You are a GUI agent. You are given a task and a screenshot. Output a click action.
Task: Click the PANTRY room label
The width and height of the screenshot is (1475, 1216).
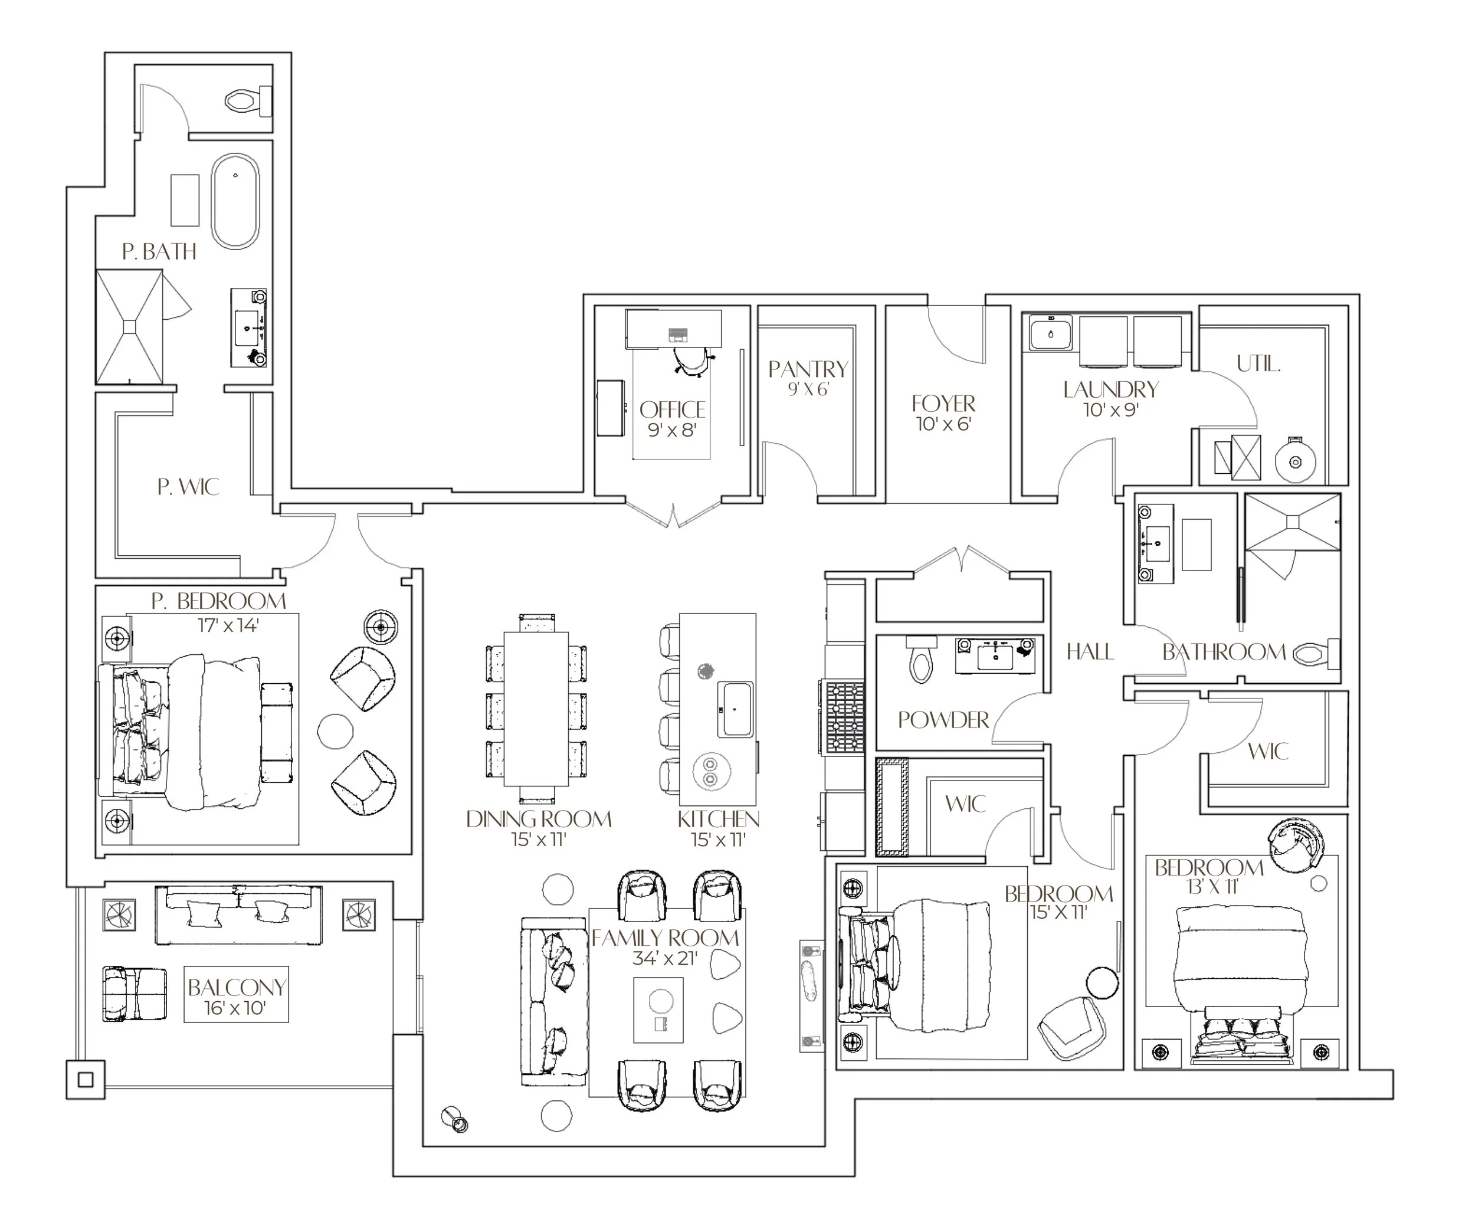[x=808, y=369]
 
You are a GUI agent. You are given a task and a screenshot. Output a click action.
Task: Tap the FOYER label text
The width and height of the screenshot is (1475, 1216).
[x=943, y=404]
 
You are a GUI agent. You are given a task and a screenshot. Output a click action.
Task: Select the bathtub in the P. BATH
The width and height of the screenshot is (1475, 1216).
[x=235, y=201]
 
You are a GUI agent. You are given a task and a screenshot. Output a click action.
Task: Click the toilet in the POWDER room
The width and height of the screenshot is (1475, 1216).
[x=921, y=658]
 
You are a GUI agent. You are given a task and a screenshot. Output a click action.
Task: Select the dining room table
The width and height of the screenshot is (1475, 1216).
[x=536, y=708]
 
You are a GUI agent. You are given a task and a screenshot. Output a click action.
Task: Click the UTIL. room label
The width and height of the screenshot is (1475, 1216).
[x=1258, y=363]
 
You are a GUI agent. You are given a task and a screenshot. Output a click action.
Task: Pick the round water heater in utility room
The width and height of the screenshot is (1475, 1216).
[x=1295, y=461]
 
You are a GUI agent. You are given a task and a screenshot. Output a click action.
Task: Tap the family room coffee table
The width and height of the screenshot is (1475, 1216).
[x=658, y=1010]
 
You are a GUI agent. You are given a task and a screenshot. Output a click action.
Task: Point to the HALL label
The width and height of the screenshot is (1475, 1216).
[x=1090, y=652]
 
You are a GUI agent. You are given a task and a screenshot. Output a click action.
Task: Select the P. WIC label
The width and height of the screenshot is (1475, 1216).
[x=188, y=487]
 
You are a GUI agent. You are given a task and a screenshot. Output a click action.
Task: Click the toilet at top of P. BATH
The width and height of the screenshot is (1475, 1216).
[x=248, y=102]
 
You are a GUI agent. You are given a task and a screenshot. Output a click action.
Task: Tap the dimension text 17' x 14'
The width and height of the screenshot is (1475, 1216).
[x=228, y=625]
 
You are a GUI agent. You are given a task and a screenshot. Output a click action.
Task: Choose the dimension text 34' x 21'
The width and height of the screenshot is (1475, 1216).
[x=666, y=958]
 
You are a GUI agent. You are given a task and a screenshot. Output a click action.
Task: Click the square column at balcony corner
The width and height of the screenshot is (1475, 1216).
[x=86, y=1079]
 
